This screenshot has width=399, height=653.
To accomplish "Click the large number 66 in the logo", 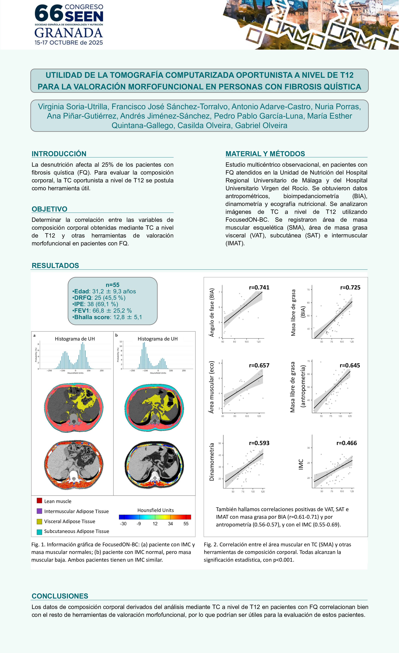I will click(48, 13).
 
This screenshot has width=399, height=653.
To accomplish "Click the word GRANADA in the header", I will click(69, 33).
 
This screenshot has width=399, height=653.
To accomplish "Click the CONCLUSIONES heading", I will click(60, 596).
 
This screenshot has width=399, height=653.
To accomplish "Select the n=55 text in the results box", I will click(112, 285).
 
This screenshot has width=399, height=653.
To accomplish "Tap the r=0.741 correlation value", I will click(259, 288).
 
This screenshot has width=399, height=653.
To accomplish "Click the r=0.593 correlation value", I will click(259, 443).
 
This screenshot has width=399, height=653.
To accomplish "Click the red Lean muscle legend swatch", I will click(39, 501).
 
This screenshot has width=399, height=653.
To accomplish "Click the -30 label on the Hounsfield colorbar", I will click(123, 524).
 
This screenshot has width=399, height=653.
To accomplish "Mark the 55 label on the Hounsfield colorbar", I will click(186, 524).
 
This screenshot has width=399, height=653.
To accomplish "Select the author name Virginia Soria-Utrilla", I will click(73, 107).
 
